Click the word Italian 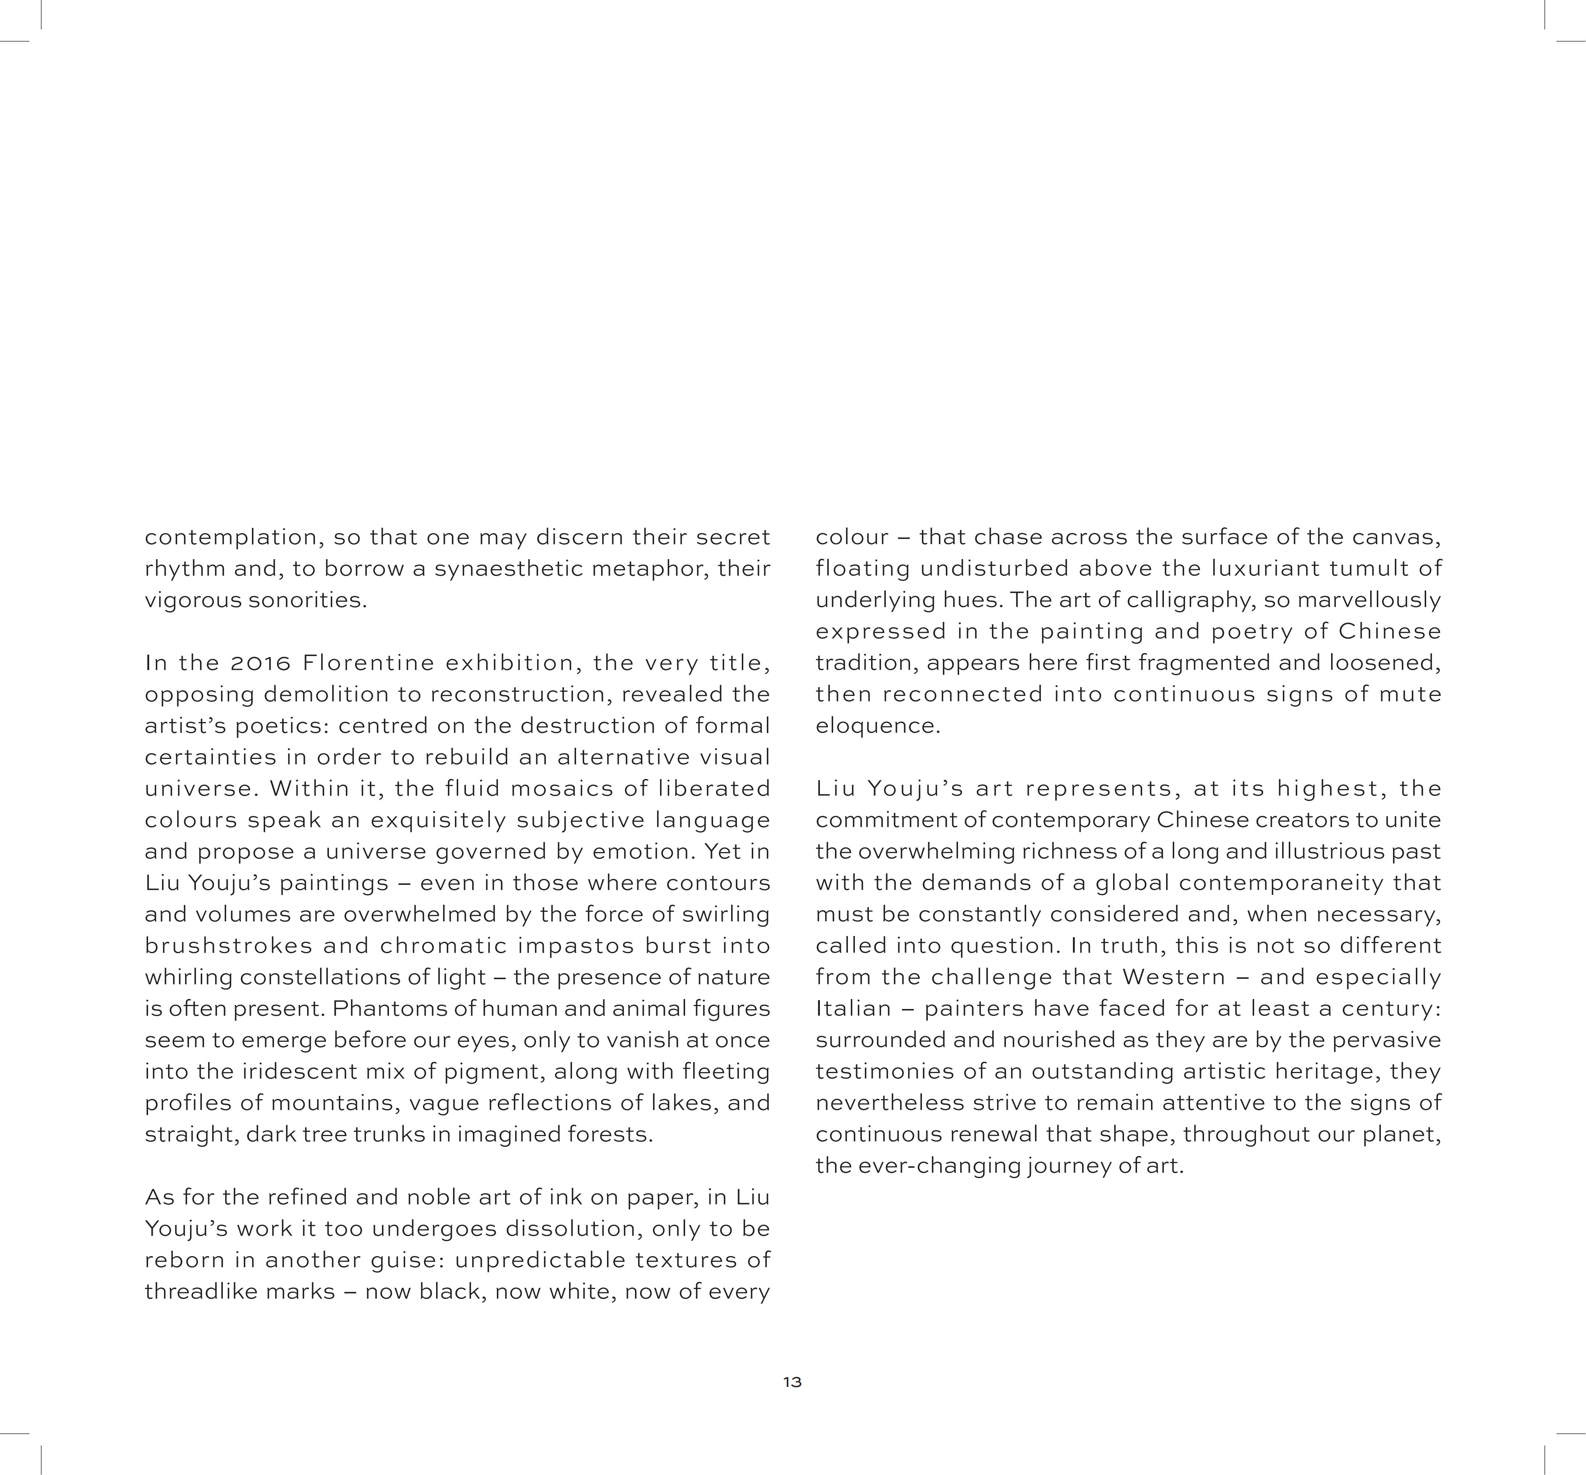(x=853, y=1008)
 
